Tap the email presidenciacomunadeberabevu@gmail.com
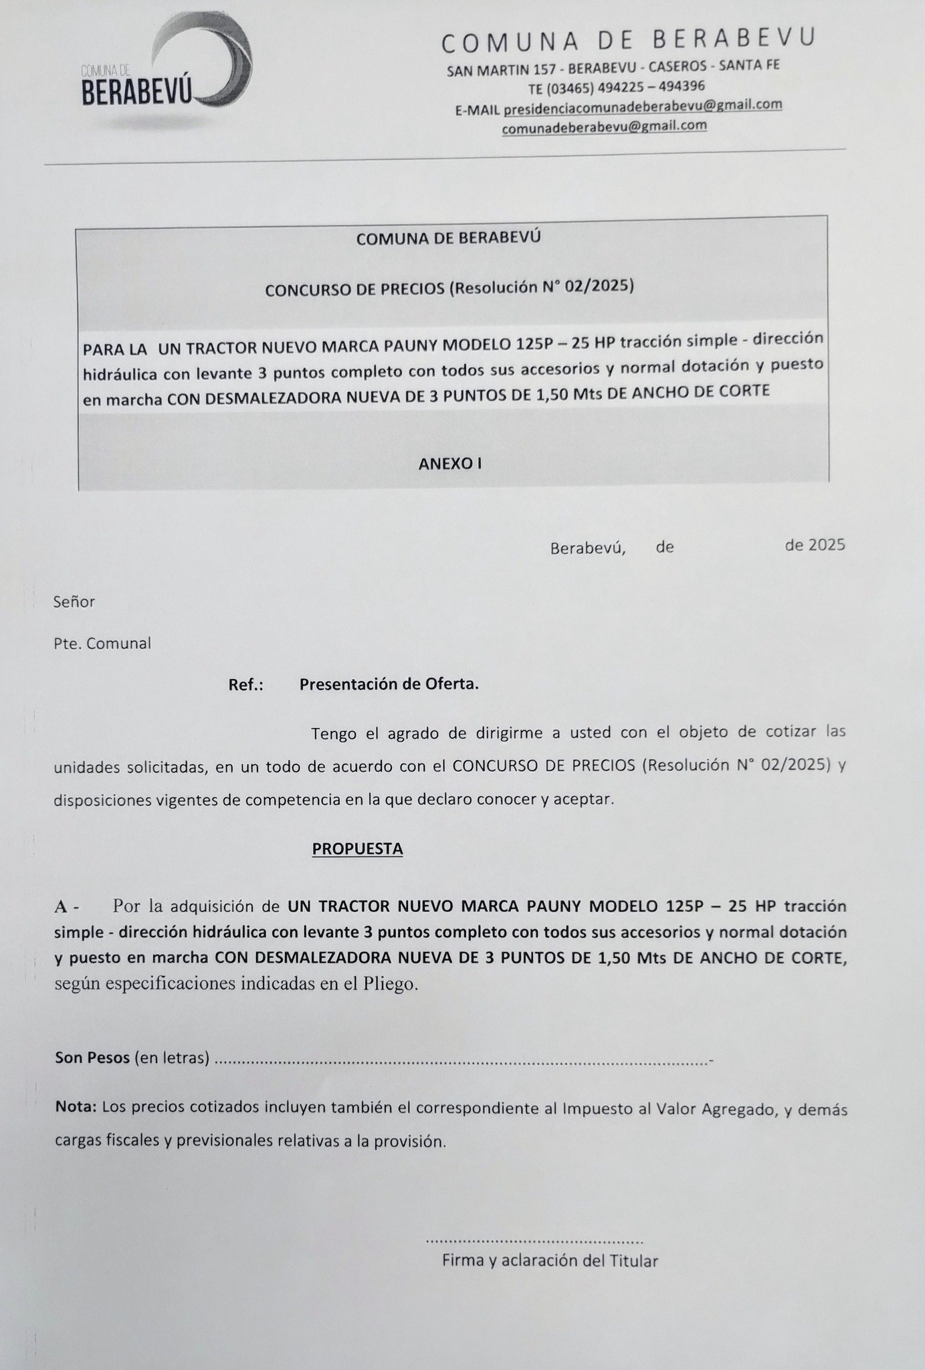[x=643, y=106]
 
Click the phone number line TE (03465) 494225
[x=616, y=87]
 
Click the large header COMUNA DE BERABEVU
[x=628, y=40]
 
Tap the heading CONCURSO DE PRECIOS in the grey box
[x=449, y=288]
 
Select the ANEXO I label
[x=449, y=464]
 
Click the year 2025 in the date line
[x=827, y=545]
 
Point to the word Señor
[x=74, y=602]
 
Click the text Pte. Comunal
[x=102, y=644]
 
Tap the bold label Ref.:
[x=245, y=685]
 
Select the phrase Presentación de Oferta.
[x=389, y=684]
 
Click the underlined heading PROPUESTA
[x=358, y=849]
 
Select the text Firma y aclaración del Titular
[x=550, y=1260]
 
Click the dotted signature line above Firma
[x=534, y=1242]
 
